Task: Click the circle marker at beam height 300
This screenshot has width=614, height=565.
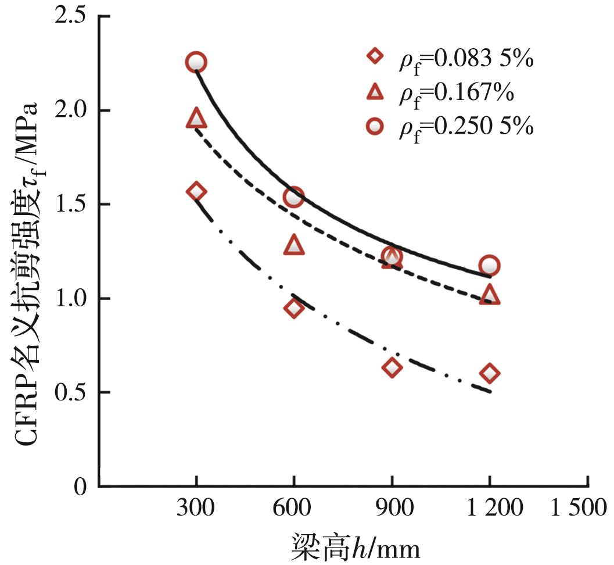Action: (x=196, y=62)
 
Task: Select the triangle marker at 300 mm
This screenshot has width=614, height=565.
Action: (x=196, y=118)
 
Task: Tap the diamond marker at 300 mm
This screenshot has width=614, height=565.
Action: (x=196, y=191)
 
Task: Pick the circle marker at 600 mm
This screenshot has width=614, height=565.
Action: (x=294, y=197)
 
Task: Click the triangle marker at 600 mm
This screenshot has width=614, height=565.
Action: (x=294, y=245)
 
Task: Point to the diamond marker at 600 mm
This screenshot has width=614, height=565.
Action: (x=294, y=308)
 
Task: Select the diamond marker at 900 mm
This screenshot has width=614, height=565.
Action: (x=392, y=367)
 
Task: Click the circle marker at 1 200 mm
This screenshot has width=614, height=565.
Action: (x=490, y=265)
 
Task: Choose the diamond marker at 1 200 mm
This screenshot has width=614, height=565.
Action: (x=490, y=373)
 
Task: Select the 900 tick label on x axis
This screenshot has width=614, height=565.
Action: (x=392, y=509)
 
